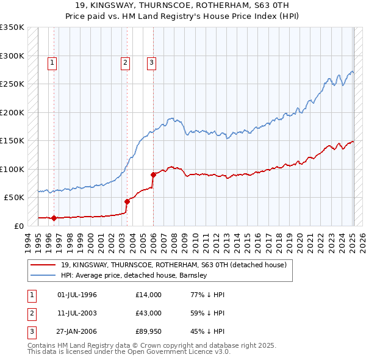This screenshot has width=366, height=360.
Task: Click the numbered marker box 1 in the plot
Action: (52, 62)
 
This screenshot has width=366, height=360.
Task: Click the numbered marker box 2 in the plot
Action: (125, 62)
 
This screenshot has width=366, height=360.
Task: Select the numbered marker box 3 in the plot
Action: (151, 62)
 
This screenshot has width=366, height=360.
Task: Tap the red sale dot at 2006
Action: (153, 175)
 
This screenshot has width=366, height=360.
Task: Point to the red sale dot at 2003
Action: (127, 201)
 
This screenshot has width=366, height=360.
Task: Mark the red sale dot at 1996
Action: (54, 217)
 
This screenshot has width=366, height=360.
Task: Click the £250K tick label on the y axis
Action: (12, 84)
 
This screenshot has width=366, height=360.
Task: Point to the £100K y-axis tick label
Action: (12, 169)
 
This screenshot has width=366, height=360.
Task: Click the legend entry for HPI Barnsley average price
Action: (134, 276)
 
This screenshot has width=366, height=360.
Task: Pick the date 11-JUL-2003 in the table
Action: (77, 313)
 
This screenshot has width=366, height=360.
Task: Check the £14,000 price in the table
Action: (149, 295)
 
